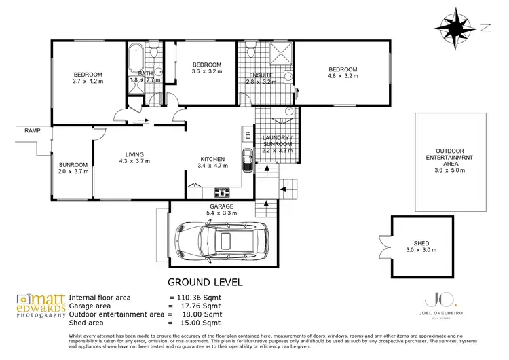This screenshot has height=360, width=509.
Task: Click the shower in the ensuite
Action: pos(280,54)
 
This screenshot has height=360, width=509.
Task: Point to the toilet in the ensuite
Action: pos(251,52)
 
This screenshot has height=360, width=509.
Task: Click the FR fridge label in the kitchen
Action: pos(248,134)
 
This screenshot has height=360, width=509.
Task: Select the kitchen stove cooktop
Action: pos(221,192)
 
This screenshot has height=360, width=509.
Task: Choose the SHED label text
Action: pos(421,243)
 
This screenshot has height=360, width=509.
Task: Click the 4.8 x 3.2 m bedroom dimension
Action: pos(343,77)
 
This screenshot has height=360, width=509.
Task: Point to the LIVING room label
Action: pos(134,154)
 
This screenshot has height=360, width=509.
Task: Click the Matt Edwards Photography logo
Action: pos(42,306)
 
